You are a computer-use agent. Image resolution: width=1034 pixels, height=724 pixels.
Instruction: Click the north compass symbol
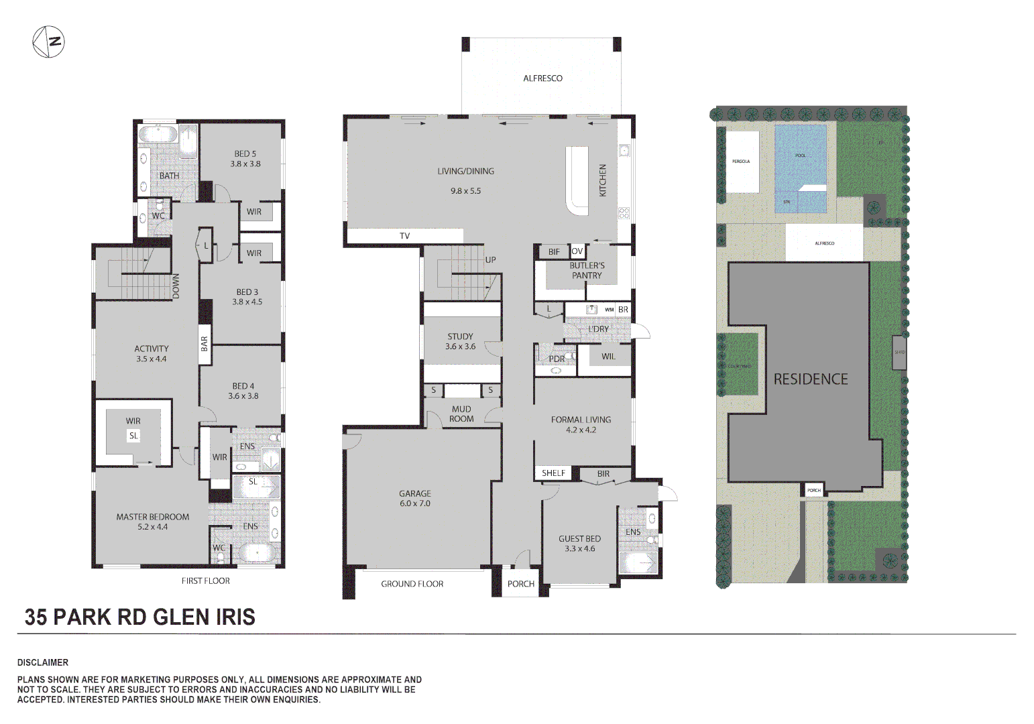pos(49,42)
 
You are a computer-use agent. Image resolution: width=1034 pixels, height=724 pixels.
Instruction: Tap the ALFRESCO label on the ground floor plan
pos(542,78)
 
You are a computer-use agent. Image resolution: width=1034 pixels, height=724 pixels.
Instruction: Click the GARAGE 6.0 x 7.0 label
pos(415,498)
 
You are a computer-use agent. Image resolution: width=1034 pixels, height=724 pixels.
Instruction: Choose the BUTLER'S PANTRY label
pos(587,270)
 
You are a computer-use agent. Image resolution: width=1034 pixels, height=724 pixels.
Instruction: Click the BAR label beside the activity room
pos(205,344)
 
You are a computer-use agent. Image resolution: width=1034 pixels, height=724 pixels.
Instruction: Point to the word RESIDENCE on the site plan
pos(811,379)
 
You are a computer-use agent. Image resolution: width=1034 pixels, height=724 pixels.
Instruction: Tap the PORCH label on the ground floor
pos(521,584)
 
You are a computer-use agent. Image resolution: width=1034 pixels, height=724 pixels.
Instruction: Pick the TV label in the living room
pos(404,236)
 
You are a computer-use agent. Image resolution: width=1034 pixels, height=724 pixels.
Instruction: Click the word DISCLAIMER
pos(43,662)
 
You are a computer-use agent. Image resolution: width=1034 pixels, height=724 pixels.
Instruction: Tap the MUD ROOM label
pos(461,414)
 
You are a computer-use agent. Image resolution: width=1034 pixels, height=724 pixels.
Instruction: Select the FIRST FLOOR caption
pos(205,581)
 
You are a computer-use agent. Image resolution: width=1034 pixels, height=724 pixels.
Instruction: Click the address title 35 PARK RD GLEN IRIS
pos(140,617)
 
